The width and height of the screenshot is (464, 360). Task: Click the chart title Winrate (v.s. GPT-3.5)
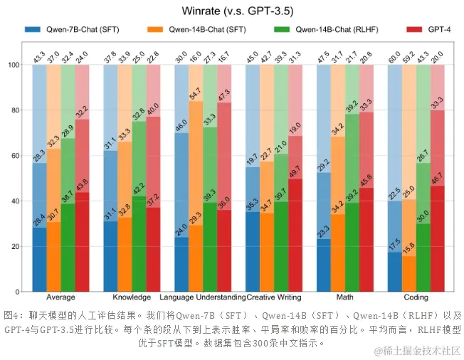pos(232,11)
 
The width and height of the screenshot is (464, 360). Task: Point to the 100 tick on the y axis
pos(13,65)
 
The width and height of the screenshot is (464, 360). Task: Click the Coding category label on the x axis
pos(416,297)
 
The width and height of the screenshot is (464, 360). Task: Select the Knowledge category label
pos(132,297)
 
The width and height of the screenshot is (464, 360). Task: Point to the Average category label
pos(61,297)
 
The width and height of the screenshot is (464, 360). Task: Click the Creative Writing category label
pos(274,297)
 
